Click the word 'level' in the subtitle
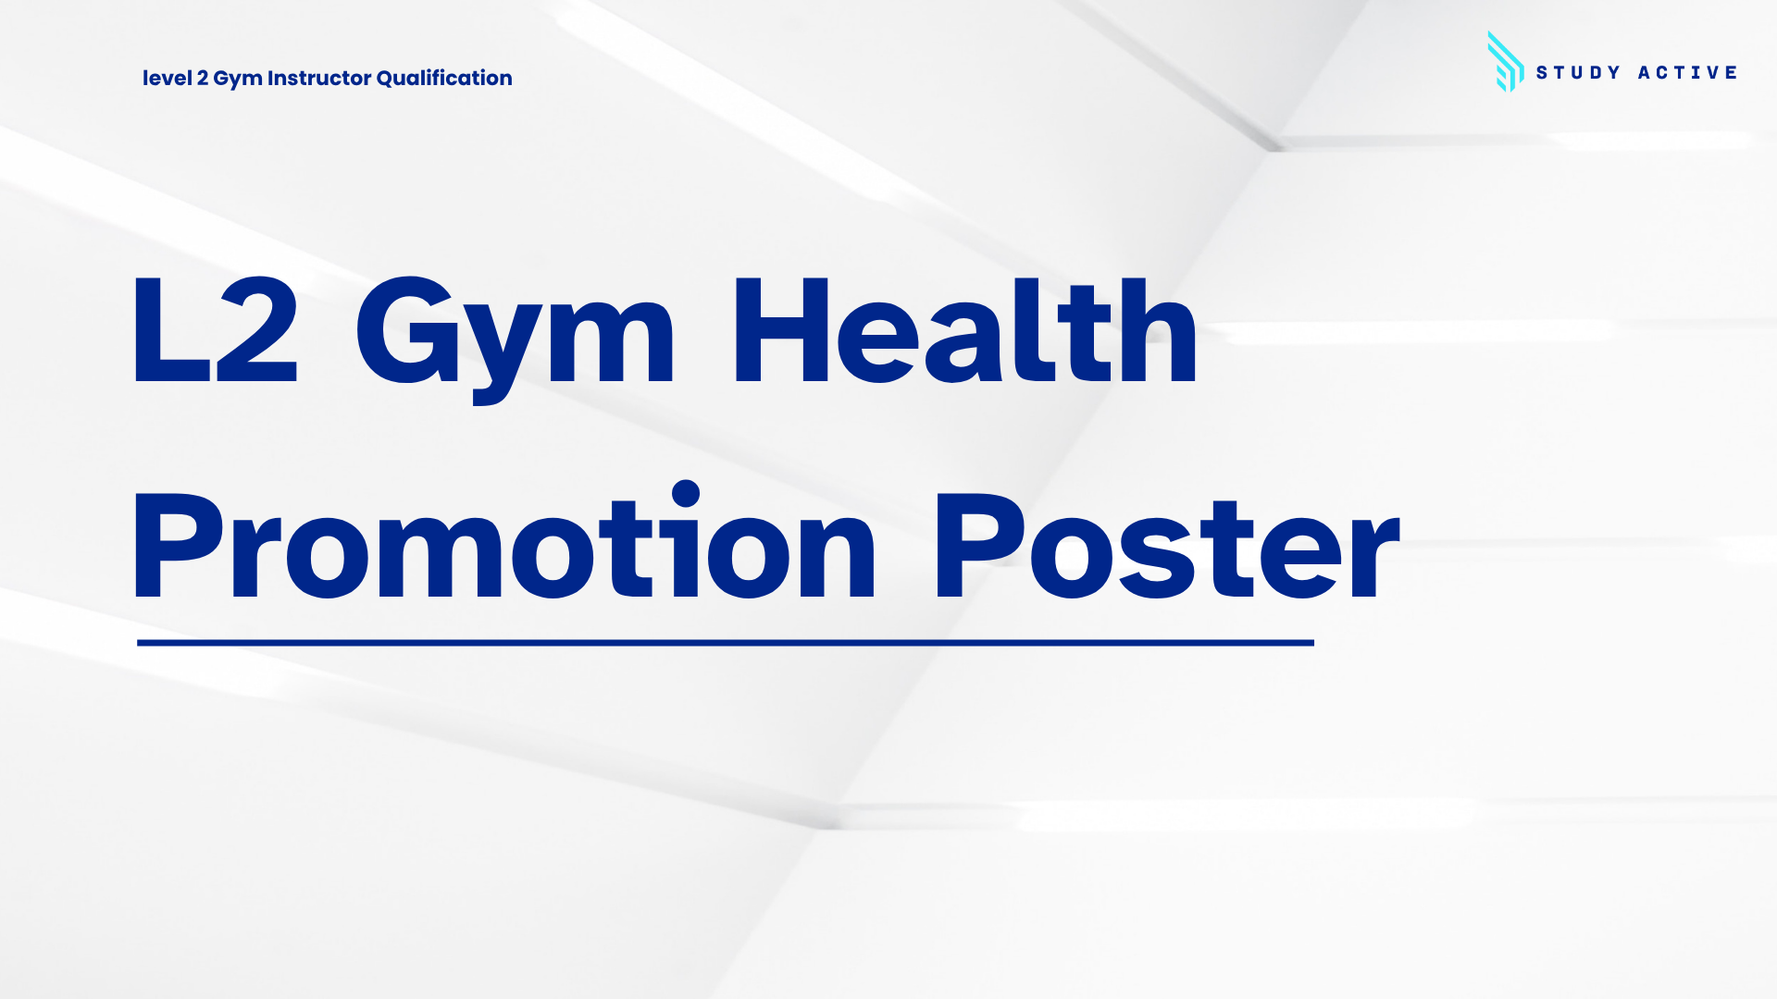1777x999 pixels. (x=167, y=78)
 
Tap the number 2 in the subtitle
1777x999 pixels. (x=203, y=78)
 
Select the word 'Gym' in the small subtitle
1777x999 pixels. (x=238, y=80)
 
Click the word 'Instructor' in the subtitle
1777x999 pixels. (x=319, y=78)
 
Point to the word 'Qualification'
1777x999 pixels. (x=444, y=78)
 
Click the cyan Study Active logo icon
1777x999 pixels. (x=1506, y=62)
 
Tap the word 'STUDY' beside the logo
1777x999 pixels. (x=1578, y=72)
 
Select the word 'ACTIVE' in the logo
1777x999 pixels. (x=1687, y=72)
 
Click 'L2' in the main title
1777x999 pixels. (x=216, y=329)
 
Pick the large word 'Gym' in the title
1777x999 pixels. (x=515, y=339)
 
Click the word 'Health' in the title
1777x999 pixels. (x=965, y=329)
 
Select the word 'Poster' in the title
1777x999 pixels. (x=1167, y=546)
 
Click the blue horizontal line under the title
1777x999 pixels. (x=726, y=642)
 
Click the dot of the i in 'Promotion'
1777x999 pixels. (x=686, y=493)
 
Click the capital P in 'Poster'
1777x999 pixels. (x=978, y=546)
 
